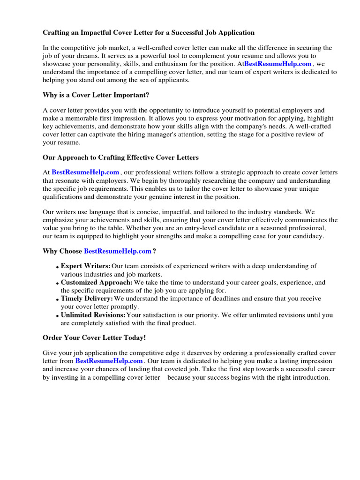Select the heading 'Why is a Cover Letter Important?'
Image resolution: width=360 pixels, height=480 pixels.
tap(96, 95)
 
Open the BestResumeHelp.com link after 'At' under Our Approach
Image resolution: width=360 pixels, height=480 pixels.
tap(85, 172)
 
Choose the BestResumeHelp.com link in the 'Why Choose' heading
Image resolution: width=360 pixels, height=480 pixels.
tap(118, 251)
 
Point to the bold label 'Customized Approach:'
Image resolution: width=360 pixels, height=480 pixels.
tap(97, 283)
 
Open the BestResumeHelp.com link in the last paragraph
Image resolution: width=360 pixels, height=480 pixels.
tap(109, 361)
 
